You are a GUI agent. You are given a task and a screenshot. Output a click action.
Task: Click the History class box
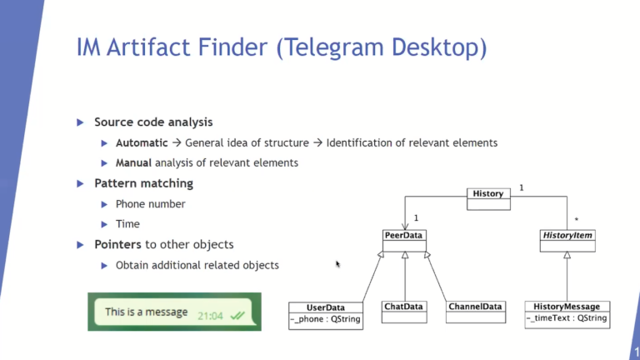click(x=487, y=197)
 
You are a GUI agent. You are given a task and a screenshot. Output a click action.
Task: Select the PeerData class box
click(x=404, y=240)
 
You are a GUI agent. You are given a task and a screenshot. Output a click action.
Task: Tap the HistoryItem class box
click(x=567, y=240)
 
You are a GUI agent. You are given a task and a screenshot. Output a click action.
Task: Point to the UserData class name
click(x=326, y=307)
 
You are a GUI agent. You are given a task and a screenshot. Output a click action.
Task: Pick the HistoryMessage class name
click(x=567, y=307)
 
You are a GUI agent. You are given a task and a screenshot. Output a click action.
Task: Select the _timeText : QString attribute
click(x=567, y=318)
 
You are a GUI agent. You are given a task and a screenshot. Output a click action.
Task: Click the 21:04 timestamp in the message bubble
click(x=209, y=316)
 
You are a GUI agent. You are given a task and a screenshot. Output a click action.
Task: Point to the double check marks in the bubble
click(x=237, y=316)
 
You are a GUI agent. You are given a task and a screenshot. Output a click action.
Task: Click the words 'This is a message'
click(x=146, y=312)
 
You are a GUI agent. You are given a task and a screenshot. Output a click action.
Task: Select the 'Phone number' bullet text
click(x=150, y=203)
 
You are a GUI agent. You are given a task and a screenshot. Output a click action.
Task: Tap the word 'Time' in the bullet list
click(x=127, y=223)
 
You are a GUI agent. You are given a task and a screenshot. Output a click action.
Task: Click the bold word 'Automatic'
click(x=142, y=142)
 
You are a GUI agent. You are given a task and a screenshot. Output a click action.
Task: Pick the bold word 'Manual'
click(x=134, y=162)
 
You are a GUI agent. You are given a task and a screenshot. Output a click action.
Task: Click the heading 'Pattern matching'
click(x=143, y=183)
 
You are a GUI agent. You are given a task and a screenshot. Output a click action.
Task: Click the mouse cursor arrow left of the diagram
click(x=337, y=263)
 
